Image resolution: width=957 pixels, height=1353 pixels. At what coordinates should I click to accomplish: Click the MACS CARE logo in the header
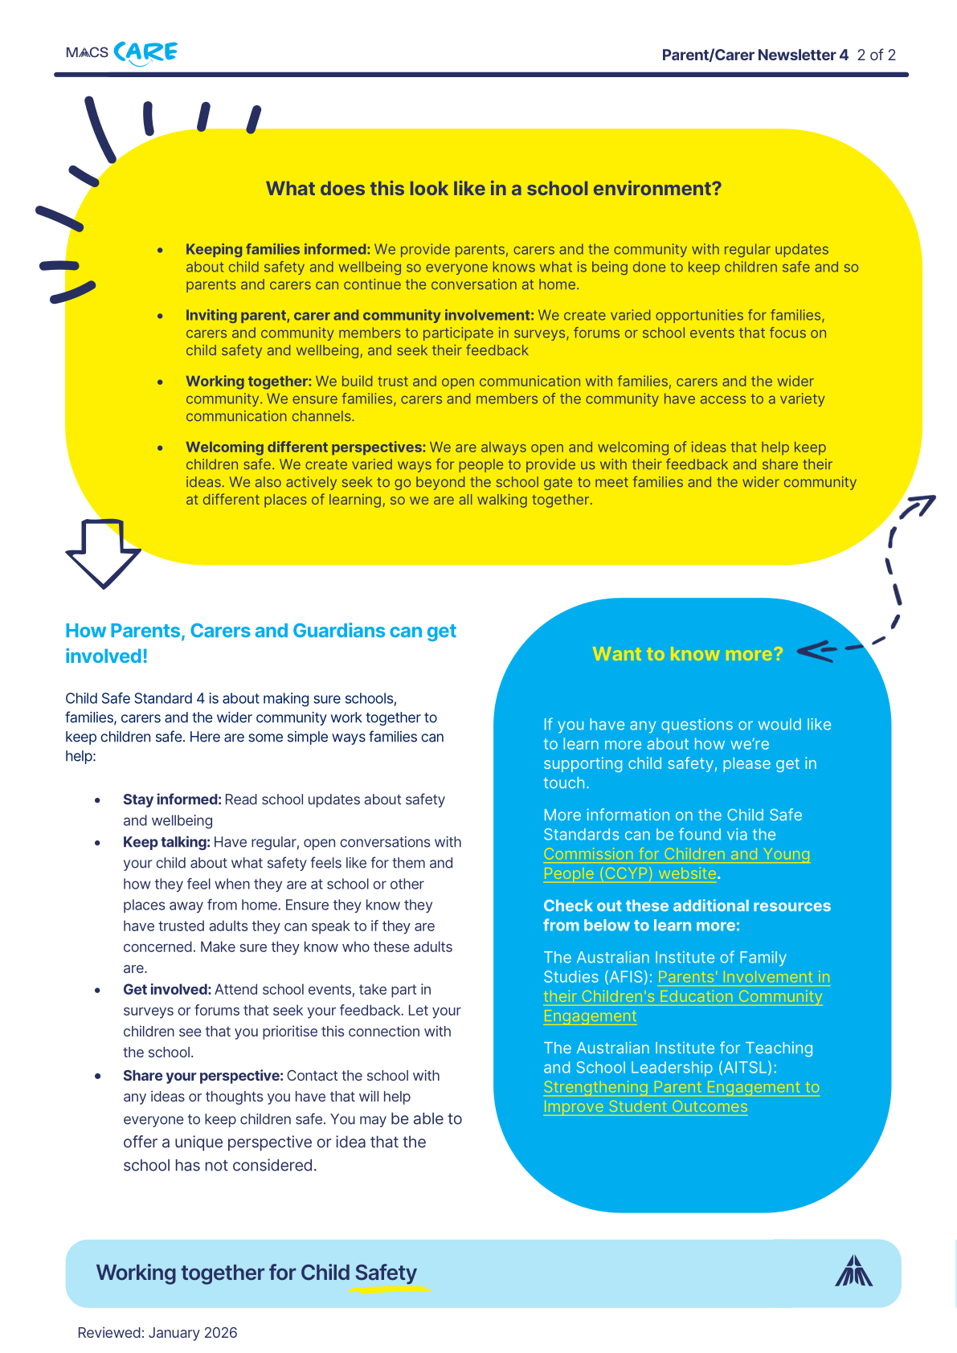coord(122,53)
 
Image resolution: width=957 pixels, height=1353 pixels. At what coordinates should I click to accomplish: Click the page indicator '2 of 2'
coord(876,55)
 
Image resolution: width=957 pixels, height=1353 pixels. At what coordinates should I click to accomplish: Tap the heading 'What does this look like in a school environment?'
coord(493,189)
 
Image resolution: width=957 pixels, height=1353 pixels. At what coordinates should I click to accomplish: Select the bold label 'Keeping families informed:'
coord(278,250)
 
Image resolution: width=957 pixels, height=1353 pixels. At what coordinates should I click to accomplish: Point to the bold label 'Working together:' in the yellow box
coord(248,382)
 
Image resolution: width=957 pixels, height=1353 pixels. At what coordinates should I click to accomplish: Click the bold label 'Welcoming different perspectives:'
coord(305,448)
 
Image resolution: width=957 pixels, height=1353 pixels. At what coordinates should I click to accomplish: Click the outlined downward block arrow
coord(103,553)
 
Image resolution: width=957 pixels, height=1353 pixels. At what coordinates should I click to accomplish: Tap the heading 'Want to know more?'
coord(687,654)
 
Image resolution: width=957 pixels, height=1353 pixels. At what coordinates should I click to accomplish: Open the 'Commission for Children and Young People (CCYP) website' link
coord(677,864)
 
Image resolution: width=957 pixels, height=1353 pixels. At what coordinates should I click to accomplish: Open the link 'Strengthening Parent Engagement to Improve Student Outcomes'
coord(681,1097)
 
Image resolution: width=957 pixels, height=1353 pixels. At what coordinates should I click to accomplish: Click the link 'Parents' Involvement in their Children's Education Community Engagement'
coord(683,996)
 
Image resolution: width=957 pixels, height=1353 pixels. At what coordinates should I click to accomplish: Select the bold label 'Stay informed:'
coord(172,799)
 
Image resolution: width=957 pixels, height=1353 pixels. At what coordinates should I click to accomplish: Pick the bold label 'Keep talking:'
coord(166,842)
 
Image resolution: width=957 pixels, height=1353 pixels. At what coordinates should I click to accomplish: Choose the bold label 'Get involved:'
coord(167,989)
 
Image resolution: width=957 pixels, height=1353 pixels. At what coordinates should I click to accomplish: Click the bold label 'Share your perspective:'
coord(203,1076)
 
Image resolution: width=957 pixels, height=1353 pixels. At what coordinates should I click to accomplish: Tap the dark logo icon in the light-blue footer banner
coord(853,1272)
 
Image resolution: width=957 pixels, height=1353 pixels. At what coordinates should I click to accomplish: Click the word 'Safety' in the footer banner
coord(386,1273)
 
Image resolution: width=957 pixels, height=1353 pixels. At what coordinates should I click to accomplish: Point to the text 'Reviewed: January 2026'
coord(157,1333)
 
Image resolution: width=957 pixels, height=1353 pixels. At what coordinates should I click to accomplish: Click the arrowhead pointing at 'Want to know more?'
coord(813,651)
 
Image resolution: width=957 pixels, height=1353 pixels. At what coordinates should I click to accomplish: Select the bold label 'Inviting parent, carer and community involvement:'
coord(360,316)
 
